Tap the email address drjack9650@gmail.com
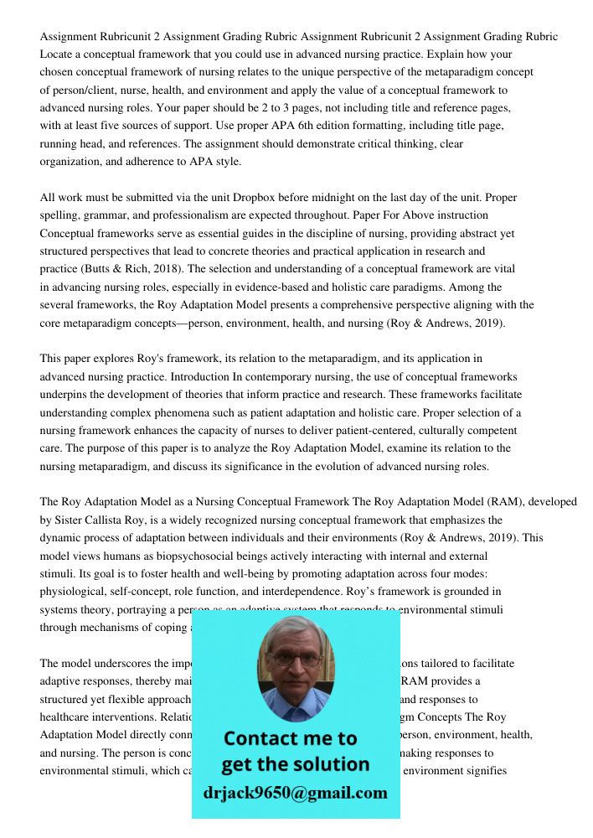point(295,793)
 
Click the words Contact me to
point(290,738)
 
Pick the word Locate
point(56,54)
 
